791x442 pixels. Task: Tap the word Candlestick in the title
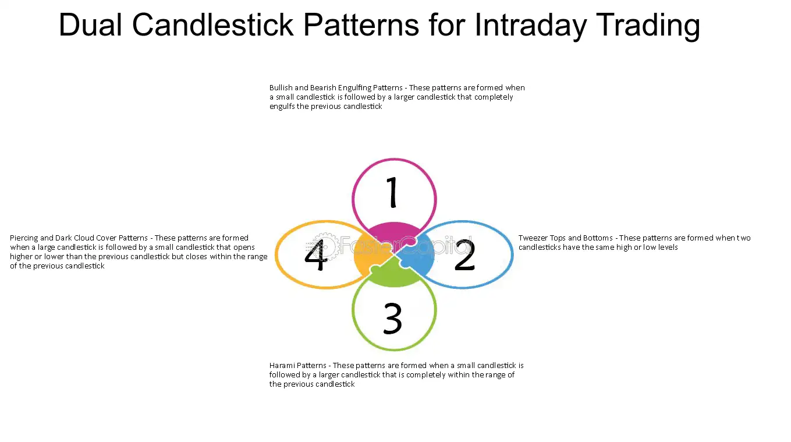tap(213, 24)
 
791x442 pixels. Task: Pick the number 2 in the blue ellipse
tap(464, 255)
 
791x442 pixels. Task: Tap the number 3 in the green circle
tap(393, 318)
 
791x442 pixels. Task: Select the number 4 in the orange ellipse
tap(316, 255)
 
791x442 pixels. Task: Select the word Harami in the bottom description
tap(281, 365)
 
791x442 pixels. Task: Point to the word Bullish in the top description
tap(281, 87)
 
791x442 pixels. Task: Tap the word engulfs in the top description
tap(282, 107)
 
